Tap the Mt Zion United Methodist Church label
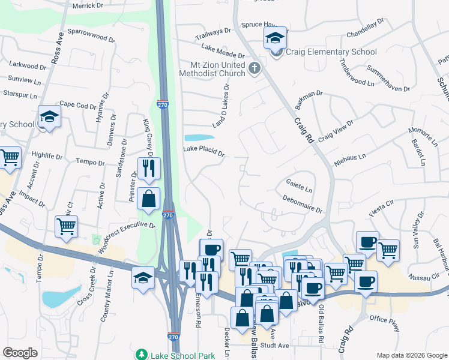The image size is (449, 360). coord(212,68)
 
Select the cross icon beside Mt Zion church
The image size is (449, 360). coord(254,68)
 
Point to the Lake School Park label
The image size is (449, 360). coord(182,355)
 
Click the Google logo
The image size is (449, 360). coord(19,353)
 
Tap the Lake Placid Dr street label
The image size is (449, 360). coord(203,152)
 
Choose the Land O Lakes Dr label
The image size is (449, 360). coord(221,106)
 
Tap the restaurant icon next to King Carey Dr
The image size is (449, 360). coord(148,167)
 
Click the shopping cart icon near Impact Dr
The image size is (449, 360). coord(66,227)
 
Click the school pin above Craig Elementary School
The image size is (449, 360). coord(276,38)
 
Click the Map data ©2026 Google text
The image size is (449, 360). coord(411,355)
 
